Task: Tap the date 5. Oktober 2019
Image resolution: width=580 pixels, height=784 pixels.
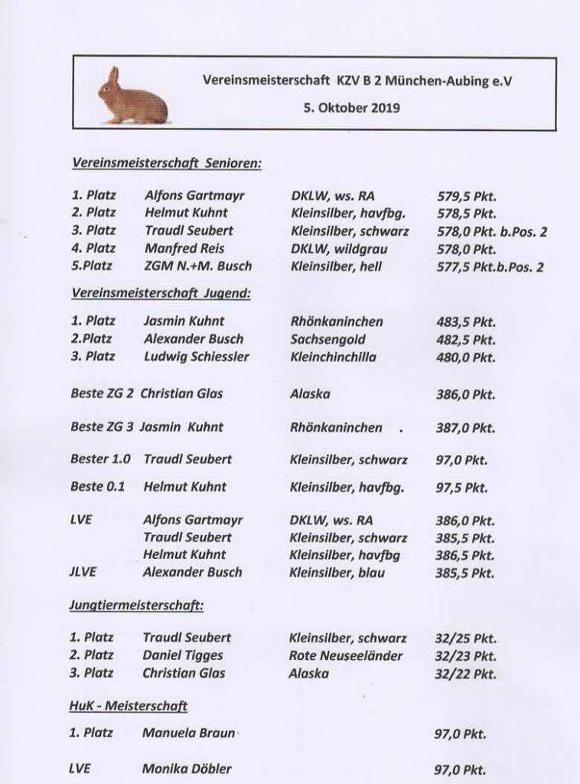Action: pos(350,108)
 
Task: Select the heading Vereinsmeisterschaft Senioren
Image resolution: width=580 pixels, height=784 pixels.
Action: pos(166,164)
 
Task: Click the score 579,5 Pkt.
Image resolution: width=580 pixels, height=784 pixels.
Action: pos(466,195)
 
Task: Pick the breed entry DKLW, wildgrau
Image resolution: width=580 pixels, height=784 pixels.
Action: pos(339,248)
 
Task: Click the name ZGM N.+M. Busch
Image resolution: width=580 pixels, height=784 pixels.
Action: pos(198,266)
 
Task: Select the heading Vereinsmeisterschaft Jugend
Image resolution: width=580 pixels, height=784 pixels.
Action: pos(161,293)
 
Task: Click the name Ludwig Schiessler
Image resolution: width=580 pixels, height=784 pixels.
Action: pos(196,357)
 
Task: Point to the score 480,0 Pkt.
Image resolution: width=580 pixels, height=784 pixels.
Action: pos(466,358)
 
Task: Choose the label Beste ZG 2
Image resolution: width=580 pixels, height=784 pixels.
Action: pos(103,394)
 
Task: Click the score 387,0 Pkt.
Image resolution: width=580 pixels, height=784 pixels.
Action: pos(465,428)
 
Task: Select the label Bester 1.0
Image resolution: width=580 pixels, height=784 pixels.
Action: pos(100,459)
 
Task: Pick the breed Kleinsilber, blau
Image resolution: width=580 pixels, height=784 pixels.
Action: pos(337,572)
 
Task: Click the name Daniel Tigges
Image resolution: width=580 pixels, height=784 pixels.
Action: pos(183,655)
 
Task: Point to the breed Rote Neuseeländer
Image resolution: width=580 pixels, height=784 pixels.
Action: pos(345,655)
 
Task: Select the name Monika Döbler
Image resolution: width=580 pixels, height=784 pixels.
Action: pos(187,769)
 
